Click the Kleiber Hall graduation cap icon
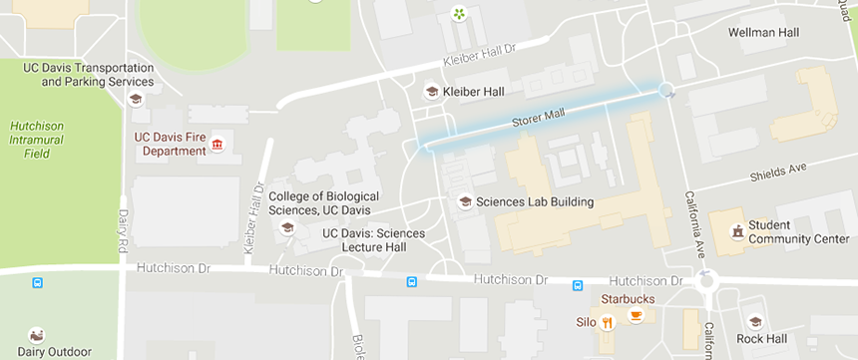(x=432, y=92)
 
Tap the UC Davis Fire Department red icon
(x=216, y=147)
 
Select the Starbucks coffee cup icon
(x=636, y=316)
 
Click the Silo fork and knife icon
(x=607, y=321)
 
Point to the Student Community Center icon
(x=737, y=231)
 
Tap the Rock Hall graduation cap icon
(x=755, y=322)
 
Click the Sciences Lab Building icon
(x=464, y=201)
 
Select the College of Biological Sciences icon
(x=287, y=227)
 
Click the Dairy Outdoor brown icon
(x=37, y=335)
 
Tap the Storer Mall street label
(x=538, y=118)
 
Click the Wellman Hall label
(x=763, y=33)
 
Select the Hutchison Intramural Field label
(x=37, y=140)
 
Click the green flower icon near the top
(x=458, y=14)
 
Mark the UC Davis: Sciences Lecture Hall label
(x=373, y=239)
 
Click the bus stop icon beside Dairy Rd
(x=38, y=282)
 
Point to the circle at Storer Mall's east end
(x=666, y=92)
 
